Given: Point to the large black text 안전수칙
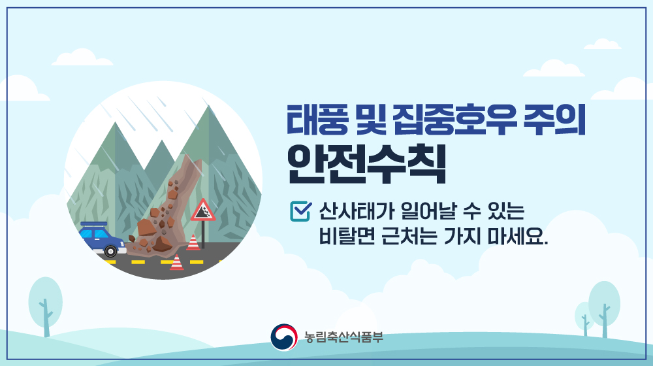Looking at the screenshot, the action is click(x=366, y=164).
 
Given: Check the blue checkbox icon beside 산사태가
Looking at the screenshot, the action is click(x=300, y=211).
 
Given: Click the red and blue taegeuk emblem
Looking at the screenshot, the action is click(x=284, y=337).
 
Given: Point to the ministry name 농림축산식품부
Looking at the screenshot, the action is click(x=343, y=337).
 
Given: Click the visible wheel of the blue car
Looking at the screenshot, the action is click(x=110, y=251).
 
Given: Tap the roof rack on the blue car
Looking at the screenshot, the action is click(x=93, y=224).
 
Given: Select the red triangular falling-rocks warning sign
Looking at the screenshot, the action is click(x=203, y=210).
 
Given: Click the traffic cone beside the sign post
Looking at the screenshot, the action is click(x=193, y=242).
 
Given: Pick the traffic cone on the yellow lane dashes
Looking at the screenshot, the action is click(x=176, y=263).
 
